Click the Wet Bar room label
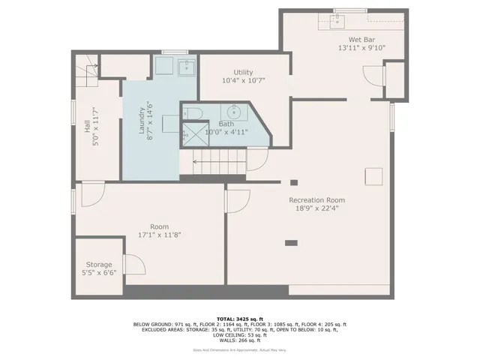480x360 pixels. click(x=360, y=39)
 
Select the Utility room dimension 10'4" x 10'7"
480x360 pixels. click(x=244, y=80)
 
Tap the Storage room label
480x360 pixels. click(x=98, y=265)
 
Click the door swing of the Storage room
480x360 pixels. click(x=133, y=264)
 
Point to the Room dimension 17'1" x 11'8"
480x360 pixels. click(x=159, y=235)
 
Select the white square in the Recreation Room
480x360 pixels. click(x=373, y=176)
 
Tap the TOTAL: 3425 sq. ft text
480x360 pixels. click(x=240, y=319)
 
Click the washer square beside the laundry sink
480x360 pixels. click(x=164, y=67)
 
